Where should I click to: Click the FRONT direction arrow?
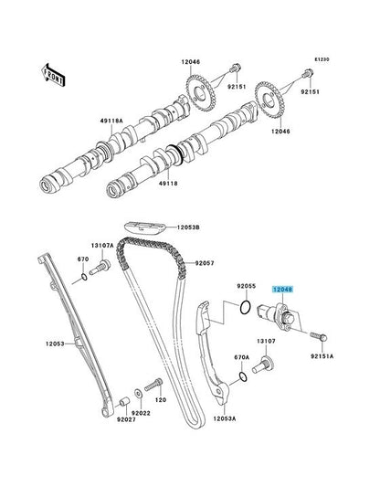click(x=54, y=75)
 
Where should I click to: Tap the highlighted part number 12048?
click(x=282, y=289)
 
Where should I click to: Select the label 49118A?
click(x=111, y=122)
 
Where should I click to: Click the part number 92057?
click(x=205, y=263)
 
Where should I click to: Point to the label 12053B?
click(x=188, y=227)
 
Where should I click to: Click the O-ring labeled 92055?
click(x=246, y=307)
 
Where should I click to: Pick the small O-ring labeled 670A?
click(x=243, y=376)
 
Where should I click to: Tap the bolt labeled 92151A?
click(x=319, y=336)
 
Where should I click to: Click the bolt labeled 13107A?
click(x=100, y=267)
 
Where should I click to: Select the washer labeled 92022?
click(x=139, y=394)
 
